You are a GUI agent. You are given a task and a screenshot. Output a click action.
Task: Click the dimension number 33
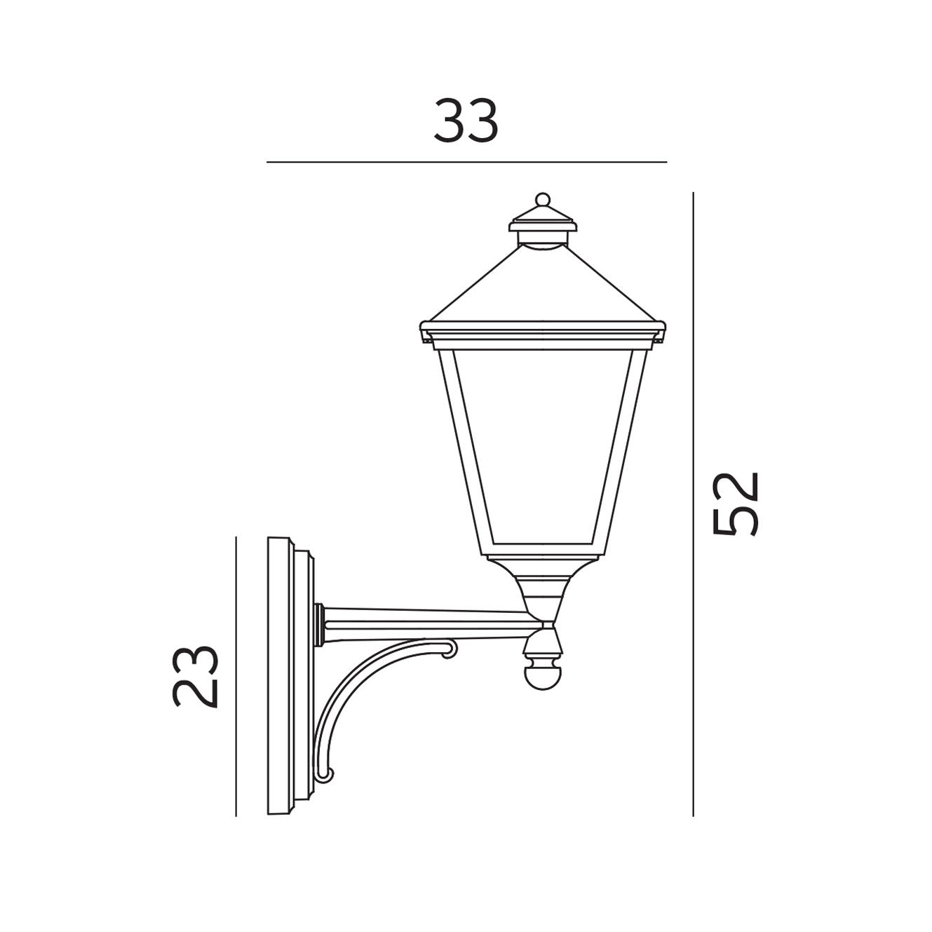466,121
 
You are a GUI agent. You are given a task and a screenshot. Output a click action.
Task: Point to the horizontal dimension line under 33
466,163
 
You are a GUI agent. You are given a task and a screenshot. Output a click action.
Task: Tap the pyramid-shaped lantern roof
542,288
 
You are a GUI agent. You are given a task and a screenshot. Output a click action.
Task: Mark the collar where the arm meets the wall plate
321,624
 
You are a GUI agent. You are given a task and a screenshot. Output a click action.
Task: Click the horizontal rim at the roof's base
542,328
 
